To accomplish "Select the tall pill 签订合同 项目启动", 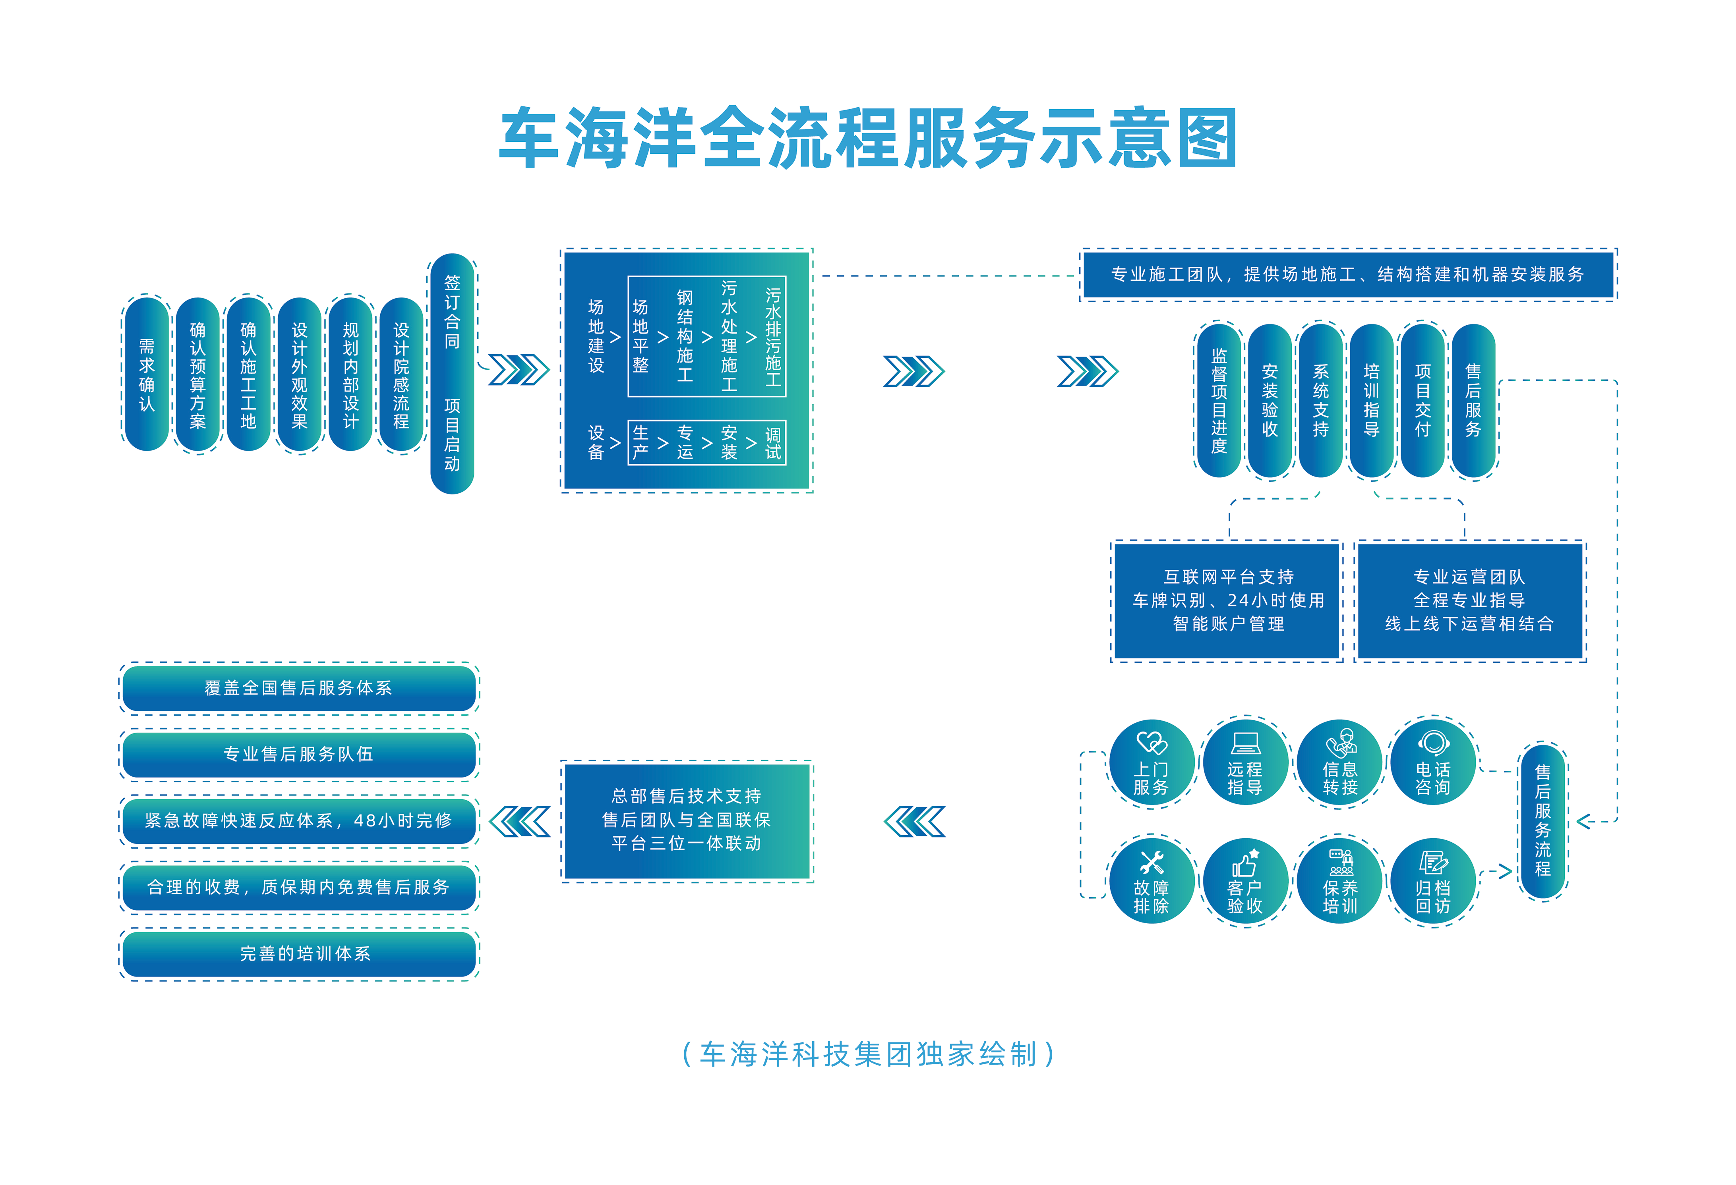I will (x=452, y=373).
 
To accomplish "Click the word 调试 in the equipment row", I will (x=772, y=443).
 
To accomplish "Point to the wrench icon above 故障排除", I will (x=1151, y=863).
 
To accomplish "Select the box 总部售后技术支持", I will (x=687, y=820).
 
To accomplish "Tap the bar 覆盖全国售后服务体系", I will (x=299, y=688).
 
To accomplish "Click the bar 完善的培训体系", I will (x=299, y=953).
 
